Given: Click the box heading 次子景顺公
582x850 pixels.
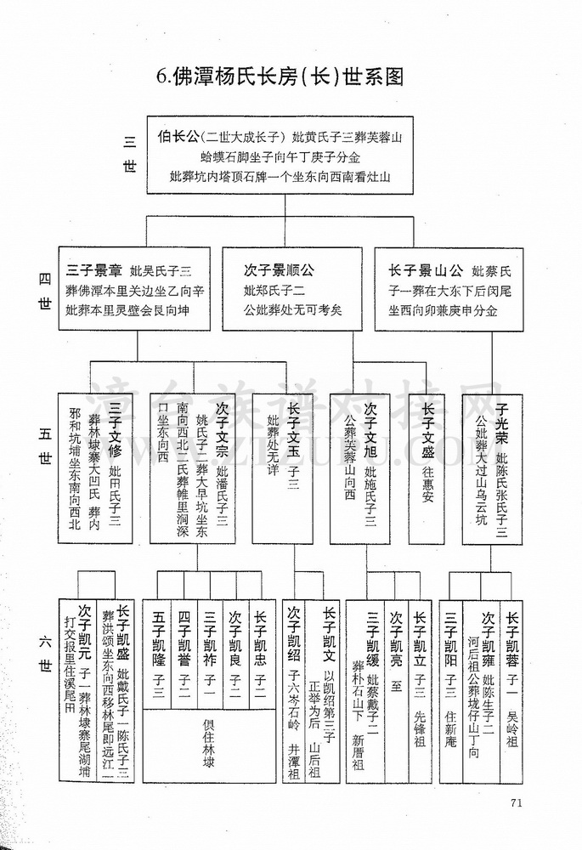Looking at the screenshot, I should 279,270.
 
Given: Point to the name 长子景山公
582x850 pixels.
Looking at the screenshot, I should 426,270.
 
